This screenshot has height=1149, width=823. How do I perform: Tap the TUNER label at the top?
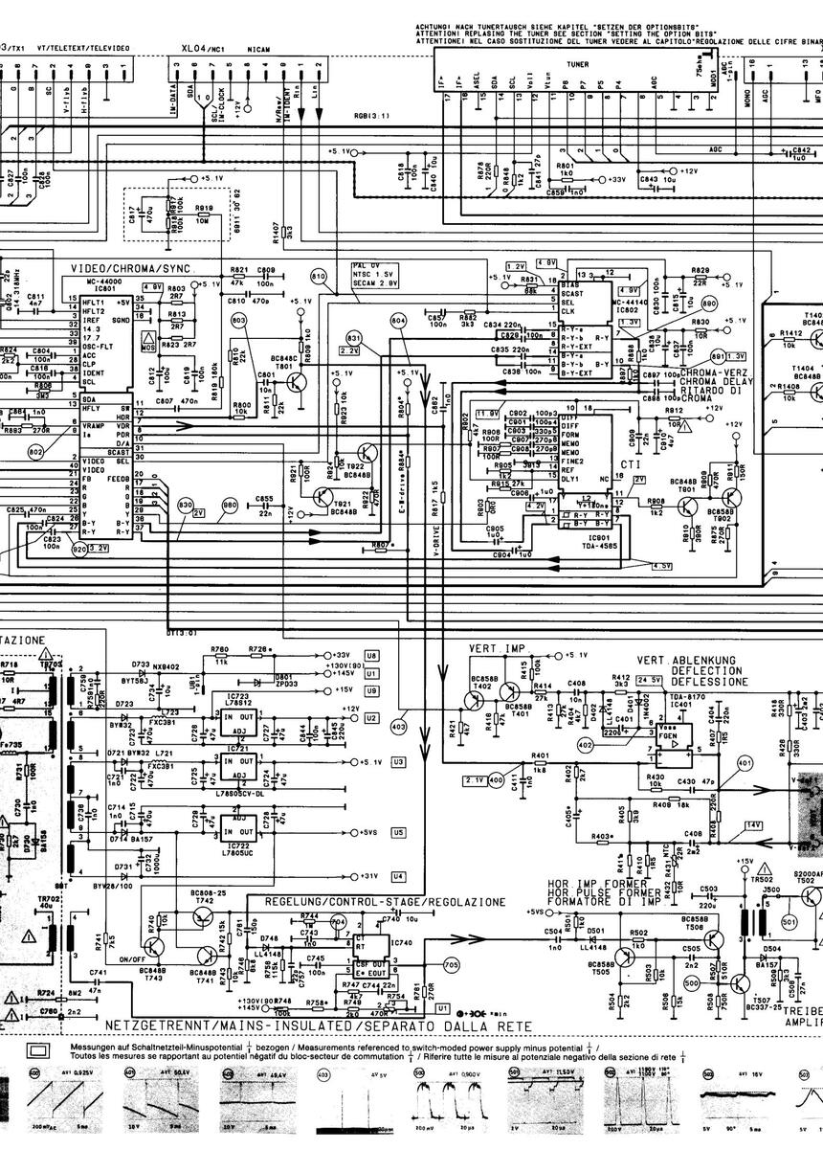(577, 65)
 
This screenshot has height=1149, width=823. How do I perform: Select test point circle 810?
(319, 277)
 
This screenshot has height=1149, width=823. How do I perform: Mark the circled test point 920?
(79, 550)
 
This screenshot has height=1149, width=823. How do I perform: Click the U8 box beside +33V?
(371, 655)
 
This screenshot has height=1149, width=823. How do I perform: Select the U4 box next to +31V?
(398, 876)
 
